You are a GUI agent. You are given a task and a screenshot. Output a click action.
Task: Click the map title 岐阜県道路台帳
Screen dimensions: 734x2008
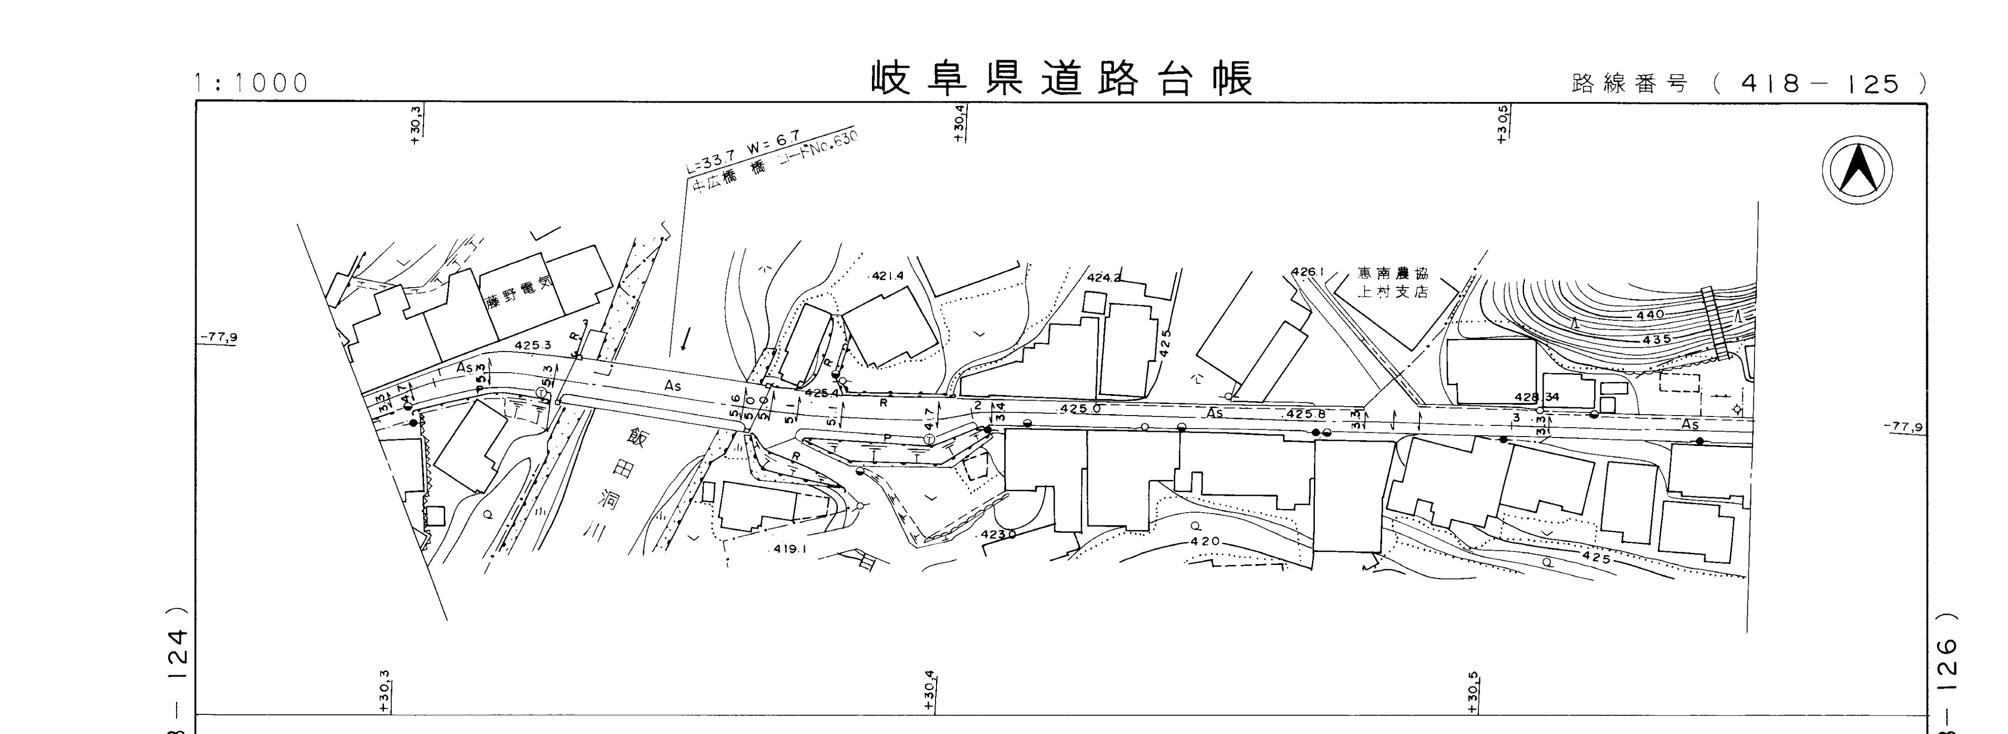[1062, 79]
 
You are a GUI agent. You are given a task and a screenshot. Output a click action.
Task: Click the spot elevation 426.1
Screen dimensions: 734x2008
[1307, 272]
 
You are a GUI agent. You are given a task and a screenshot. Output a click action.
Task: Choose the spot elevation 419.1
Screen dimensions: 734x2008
[790, 549]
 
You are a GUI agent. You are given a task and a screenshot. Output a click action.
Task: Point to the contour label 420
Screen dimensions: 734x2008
[1205, 542]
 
